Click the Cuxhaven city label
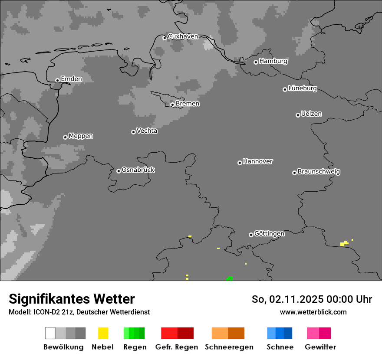click(x=183, y=36)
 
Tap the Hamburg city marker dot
click(x=256, y=62)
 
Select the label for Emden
click(x=71, y=79)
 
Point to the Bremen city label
click(x=188, y=104)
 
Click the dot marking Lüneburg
click(x=285, y=89)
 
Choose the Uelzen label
click(x=311, y=114)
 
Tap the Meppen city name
click(x=81, y=136)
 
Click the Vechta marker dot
click(x=133, y=132)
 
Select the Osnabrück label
click(x=138, y=170)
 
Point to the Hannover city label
click(x=258, y=161)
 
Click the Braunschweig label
click(x=319, y=171)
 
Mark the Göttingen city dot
click(x=251, y=235)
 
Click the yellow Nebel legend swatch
click(x=103, y=333)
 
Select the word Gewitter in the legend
click(x=320, y=347)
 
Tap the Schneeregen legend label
click(x=229, y=347)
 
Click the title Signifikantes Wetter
click(x=72, y=299)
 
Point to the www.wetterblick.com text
click(x=313, y=312)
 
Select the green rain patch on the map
click(x=229, y=278)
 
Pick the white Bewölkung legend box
click(x=50, y=333)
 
